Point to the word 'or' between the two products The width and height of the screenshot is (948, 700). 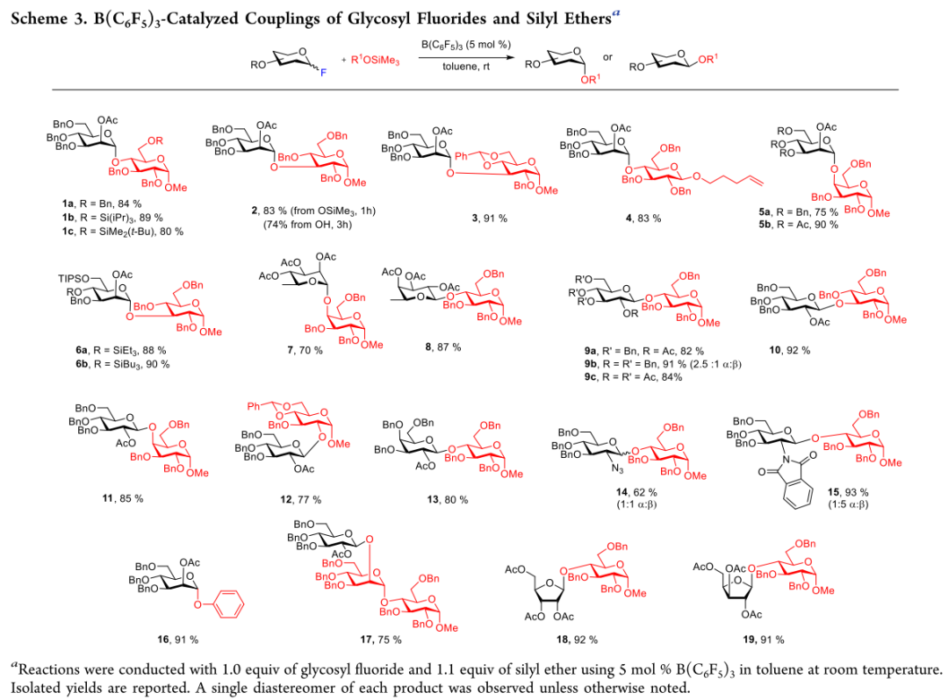[x=607, y=58]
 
